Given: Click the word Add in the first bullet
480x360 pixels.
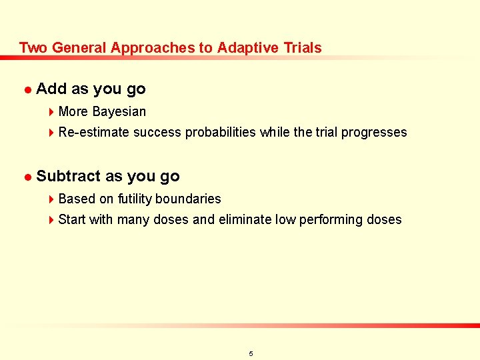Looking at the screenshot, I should coord(51,89).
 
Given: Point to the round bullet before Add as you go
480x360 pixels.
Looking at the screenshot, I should coord(27,89).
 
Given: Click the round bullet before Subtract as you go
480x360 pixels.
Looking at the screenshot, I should coord(27,177).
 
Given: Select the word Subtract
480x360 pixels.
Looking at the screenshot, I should coord(69,176).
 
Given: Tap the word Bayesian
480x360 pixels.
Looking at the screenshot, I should coord(119,111).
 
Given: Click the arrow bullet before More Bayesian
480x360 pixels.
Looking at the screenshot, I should coord(52,112).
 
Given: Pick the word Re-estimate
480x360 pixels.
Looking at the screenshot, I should coord(94,132).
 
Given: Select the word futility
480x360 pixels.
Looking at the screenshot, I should coord(135,199).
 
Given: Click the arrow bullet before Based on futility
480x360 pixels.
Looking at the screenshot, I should coord(52,199).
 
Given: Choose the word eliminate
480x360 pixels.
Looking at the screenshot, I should coord(245,219).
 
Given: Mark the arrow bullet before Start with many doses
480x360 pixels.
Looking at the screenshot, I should coord(52,220).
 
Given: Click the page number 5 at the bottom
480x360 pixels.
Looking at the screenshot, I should coord(251,353).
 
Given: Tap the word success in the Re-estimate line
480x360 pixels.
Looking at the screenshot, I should coord(157,132).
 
